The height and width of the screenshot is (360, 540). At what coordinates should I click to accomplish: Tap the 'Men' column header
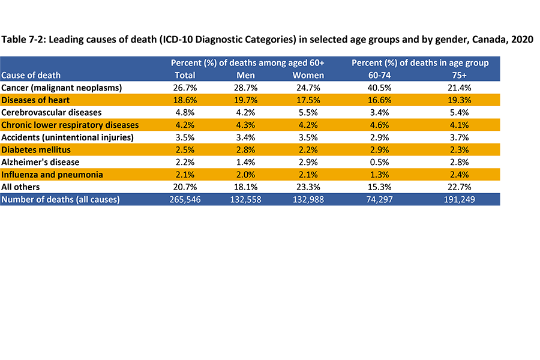(x=248, y=75)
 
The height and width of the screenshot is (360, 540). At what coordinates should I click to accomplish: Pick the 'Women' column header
(x=308, y=75)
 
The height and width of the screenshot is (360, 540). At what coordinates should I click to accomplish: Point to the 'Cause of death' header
(x=31, y=75)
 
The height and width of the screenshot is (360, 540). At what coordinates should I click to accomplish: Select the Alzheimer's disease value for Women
(x=308, y=162)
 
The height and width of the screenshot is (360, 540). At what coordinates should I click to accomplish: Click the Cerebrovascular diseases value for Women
(x=308, y=112)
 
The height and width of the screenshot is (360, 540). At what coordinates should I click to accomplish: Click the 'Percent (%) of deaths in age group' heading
(x=420, y=62)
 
